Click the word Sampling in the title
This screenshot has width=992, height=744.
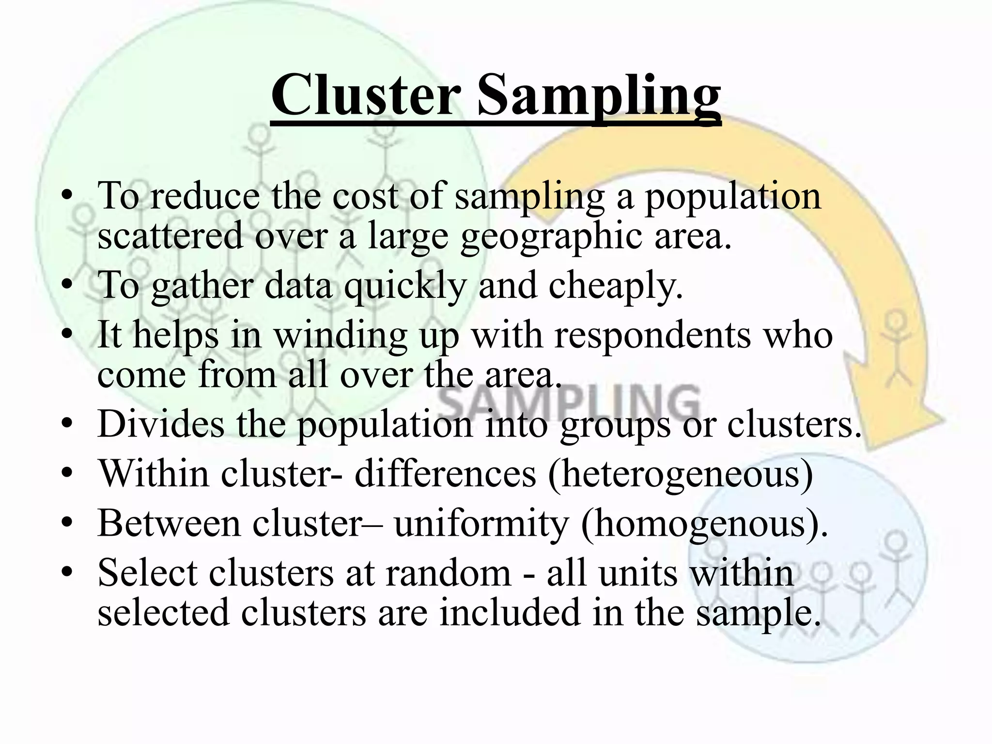pyautogui.click(x=599, y=96)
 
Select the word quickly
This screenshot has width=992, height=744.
pyautogui.click(x=405, y=287)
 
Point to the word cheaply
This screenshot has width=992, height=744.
pyautogui.click(x=615, y=287)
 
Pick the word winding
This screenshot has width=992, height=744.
pyautogui.click(x=341, y=336)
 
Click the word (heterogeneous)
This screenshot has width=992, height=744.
pyautogui.click(x=681, y=474)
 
